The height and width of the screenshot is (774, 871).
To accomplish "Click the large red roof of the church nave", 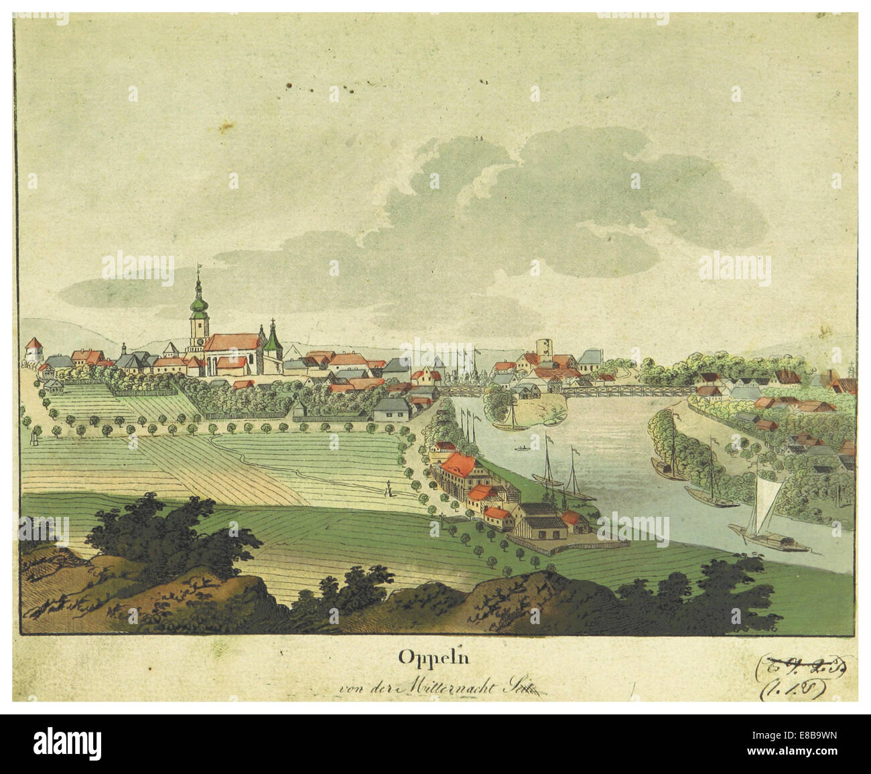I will pyautogui.click(x=232, y=343).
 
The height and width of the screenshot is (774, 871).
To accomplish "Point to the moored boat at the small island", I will pyautogui.click(x=507, y=424).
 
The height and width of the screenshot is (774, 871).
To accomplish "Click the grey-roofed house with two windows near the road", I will pyautogui.click(x=392, y=409).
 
